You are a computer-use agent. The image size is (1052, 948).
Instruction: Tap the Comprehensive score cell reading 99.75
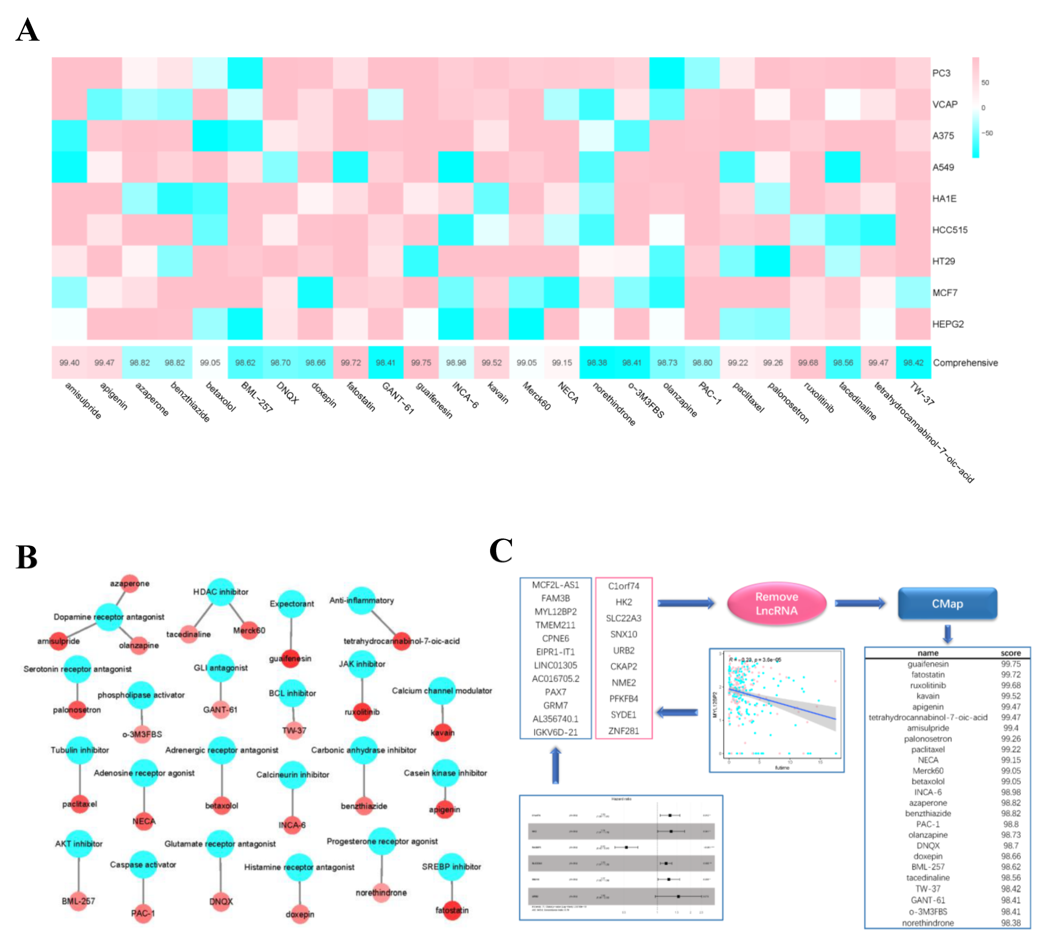(x=421, y=363)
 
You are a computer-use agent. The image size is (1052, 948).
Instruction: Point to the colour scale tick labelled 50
(x=985, y=82)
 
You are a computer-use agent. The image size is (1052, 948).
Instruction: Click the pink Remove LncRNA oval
(x=776, y=604)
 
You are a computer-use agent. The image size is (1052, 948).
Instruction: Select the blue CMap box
(x=947, y=604)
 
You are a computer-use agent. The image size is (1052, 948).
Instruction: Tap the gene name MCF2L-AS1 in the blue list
(x=555, y=585)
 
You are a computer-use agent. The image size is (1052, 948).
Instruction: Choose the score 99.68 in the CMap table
(x=1010, y=686)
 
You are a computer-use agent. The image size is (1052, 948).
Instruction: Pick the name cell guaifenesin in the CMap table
(x=927, y=664)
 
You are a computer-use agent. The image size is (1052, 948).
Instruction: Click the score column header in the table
(x=1010, y=653)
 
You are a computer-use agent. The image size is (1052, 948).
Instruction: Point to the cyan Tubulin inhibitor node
(x=80, y=750)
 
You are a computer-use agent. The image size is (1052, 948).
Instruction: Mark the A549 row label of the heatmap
(x=943, y=167)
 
